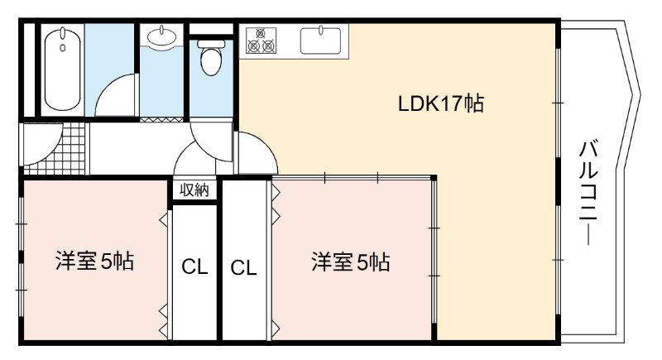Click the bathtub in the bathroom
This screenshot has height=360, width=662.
tap(63, 70)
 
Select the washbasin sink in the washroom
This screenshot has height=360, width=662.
tap(161, 35)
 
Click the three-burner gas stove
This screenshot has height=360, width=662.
tap(261, 41)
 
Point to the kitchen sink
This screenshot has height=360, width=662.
tap(321, 41)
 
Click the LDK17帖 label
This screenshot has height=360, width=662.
tap(441, 103)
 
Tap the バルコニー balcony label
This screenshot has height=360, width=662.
tap(588, 193)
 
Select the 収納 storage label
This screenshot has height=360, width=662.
tap(194, 190)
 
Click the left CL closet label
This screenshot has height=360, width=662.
tap(194, 266)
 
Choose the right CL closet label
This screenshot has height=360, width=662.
tap(243, 267)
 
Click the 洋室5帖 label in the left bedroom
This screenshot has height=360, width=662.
tap(95, 261)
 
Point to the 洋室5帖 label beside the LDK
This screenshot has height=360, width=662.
tap(350, 262)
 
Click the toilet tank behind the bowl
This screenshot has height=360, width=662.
tap(211, 44)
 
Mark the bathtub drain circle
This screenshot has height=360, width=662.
tap(63, 48)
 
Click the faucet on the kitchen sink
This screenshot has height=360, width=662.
tap(321, 30)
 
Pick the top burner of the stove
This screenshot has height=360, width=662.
tap(261, 33)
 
